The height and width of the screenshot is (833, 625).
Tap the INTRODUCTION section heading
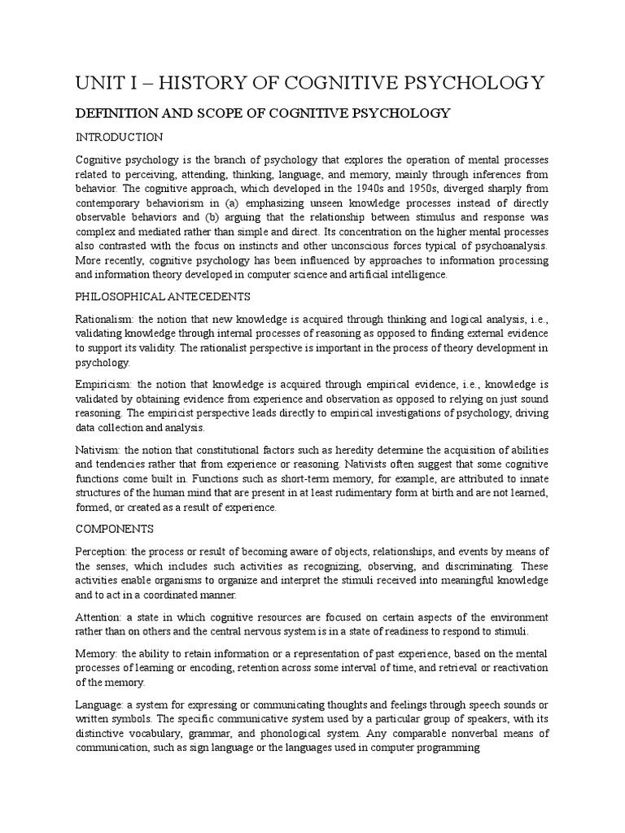tap(119, 136)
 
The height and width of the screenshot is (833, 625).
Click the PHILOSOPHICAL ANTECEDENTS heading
tap(163, 295)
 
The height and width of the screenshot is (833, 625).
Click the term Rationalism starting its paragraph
tap(106, 319)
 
